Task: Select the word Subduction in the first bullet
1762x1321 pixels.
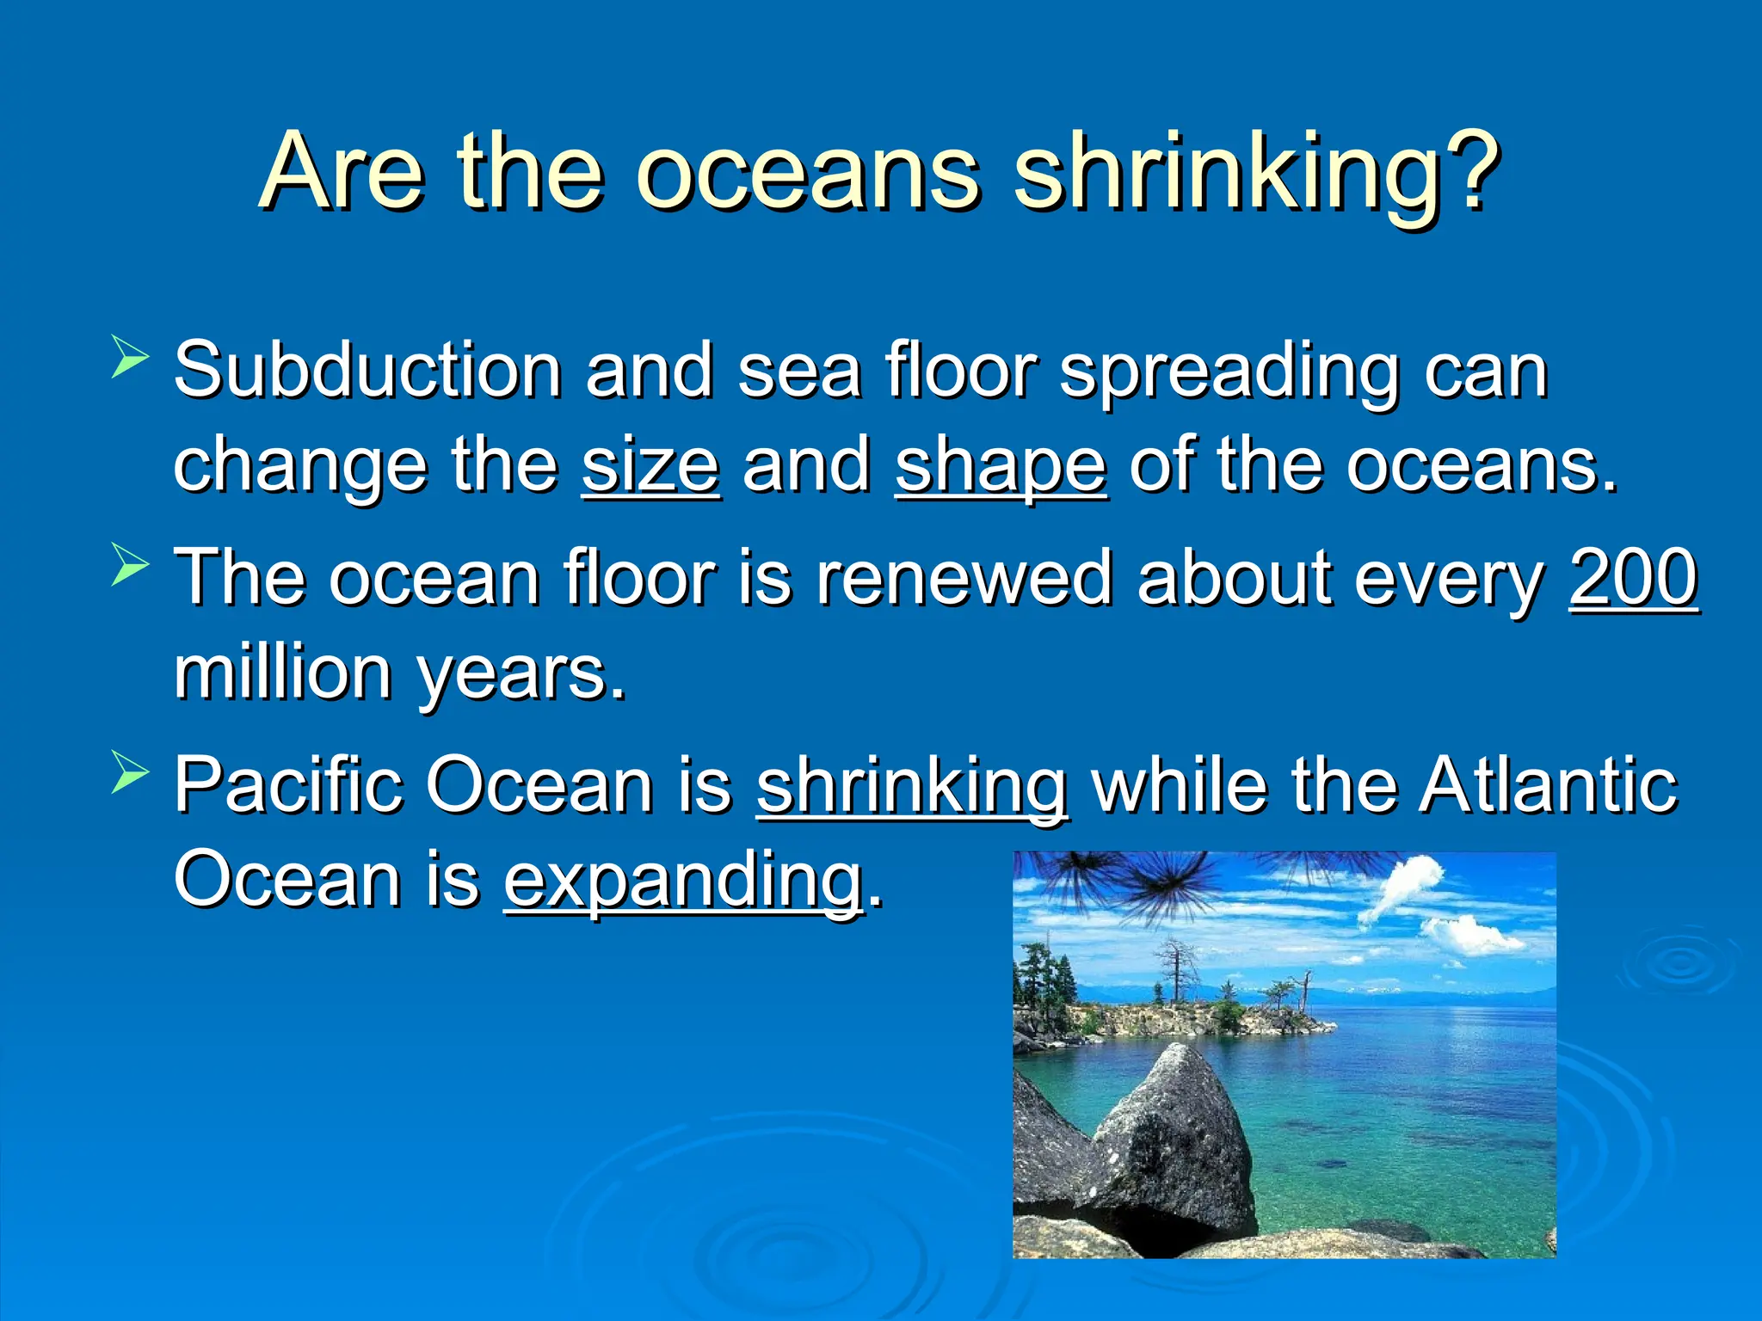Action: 368,371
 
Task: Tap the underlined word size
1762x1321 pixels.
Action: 650,465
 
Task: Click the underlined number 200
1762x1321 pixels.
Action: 1633,577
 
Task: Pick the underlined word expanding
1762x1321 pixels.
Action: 683,882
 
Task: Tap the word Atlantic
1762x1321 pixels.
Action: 1548,784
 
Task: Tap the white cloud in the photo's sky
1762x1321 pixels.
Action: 1402,890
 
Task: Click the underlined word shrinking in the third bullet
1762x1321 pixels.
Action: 912,786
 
